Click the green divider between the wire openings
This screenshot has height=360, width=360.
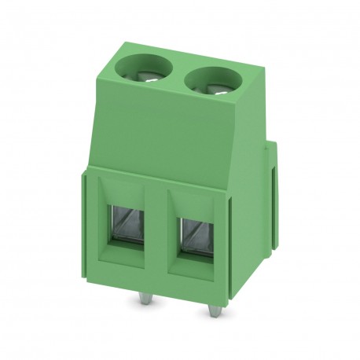click(160, 232)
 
